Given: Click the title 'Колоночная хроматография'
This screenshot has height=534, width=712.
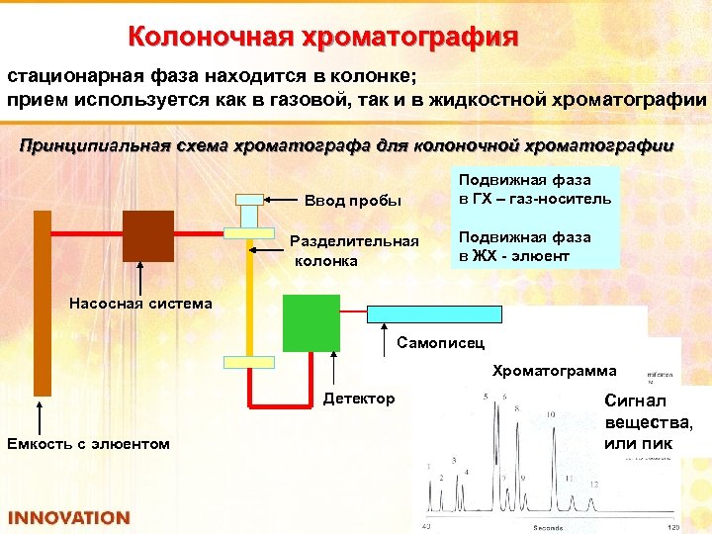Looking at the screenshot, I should tap(322, 38).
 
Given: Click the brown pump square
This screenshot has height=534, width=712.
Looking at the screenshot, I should tap(147, 235).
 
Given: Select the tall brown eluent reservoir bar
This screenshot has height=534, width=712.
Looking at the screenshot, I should tap(42, 302).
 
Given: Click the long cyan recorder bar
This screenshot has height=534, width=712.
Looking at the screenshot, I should tap(436, 312).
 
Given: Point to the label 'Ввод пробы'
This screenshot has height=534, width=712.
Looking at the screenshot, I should tap(352, 200).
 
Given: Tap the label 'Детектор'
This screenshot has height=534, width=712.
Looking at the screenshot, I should tap(358, 399).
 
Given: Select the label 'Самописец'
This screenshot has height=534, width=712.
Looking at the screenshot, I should tap(440, 343).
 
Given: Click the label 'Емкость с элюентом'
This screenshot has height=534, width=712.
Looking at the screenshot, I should tap(88, 442).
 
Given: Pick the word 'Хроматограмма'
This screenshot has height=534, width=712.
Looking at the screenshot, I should tap(554, 371).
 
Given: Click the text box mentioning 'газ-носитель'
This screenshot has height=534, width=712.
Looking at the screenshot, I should tap(535, 189).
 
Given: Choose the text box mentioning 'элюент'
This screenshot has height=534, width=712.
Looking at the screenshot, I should tap(535, 246).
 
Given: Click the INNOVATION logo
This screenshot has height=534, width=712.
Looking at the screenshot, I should tap(68, 517).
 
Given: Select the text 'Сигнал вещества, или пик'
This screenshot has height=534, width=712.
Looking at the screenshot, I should tap(648, 422).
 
